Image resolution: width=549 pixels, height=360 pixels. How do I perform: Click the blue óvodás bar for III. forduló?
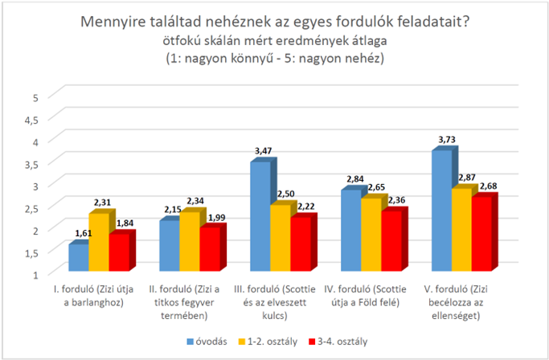coord(260,216)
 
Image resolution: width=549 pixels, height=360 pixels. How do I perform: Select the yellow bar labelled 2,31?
coord(99,242)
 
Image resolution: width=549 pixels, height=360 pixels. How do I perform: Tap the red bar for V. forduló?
coord(481,234)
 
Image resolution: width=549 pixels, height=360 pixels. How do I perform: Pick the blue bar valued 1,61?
coord(79,258)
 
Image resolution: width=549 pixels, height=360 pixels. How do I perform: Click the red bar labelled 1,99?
coord(210,249)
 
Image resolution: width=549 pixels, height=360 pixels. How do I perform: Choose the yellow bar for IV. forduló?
coord(371,235)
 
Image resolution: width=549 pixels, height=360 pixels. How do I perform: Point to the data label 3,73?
coord(447,140)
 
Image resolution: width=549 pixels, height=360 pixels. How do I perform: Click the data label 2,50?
coord(286,194)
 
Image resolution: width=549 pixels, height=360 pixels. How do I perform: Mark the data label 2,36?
coord(397,200)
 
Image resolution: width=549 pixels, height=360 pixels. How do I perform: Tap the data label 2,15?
coord(173,210)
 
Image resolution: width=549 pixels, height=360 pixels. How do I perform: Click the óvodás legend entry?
coord(207,342)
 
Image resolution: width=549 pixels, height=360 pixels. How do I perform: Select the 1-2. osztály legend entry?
coord(268,342)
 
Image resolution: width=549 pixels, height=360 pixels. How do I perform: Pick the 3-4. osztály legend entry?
coord(338,342)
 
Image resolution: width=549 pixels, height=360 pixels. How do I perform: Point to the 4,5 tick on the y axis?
coord(31,120)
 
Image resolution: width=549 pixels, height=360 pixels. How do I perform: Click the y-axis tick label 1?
coord(35,275)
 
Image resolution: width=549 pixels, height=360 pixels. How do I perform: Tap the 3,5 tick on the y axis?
coord(31,164)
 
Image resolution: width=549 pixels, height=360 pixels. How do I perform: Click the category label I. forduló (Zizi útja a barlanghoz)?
coord(93,296)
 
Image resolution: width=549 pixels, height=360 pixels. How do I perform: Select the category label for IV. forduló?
coord(365,296)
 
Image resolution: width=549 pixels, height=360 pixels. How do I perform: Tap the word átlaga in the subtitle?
coord(368,41)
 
